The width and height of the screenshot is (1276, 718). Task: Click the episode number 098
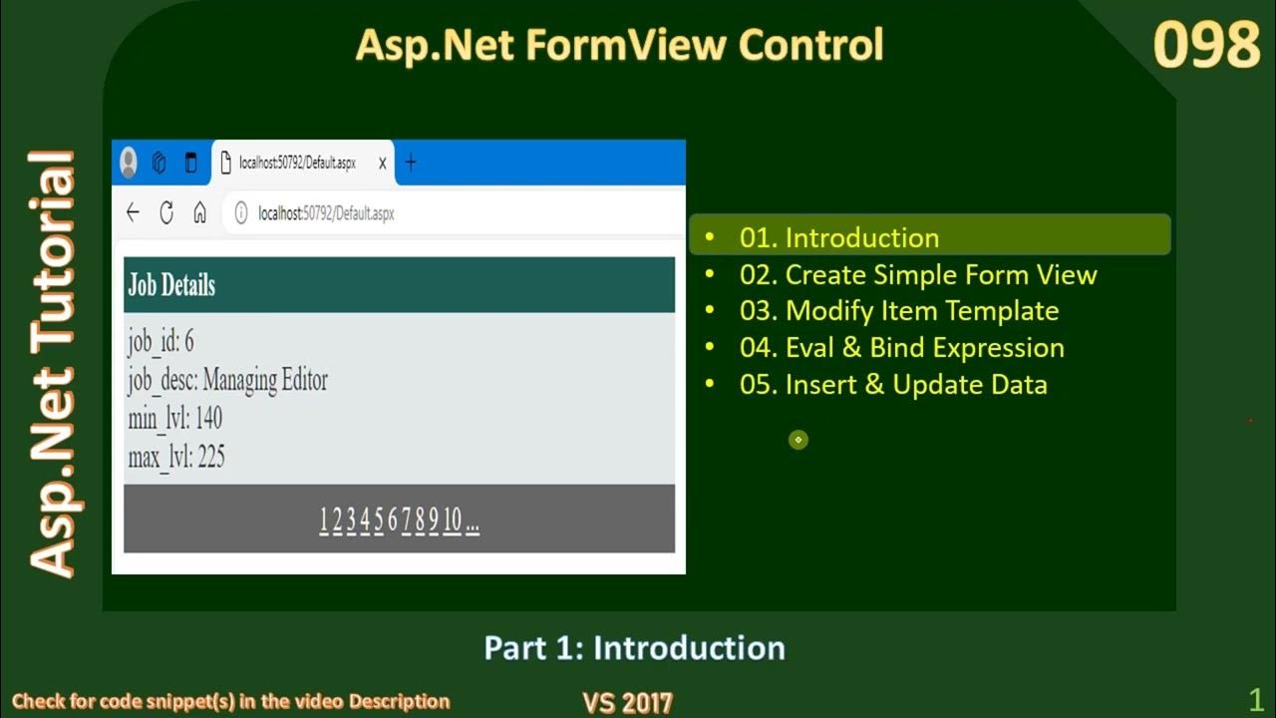click(x=1206, y=47)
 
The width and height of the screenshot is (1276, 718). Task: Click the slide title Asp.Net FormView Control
click(x=619, y=45)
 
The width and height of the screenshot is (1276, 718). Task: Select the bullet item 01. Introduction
click(x=838, y=237)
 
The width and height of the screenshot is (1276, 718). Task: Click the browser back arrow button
click(x=133, y=212)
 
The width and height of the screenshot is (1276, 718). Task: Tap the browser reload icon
click(x=166, y=212)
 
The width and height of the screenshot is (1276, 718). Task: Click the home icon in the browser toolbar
click(x=199, y=212)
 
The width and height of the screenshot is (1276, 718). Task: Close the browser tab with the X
click(x=382, y=164)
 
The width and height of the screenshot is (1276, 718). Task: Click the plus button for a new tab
click(x=411, y=163)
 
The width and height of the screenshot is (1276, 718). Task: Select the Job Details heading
click(x=171, y=285)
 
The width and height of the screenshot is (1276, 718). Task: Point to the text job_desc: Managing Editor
click(x=227, y=380)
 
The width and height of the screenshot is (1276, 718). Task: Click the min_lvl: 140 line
click(x=174, y=418)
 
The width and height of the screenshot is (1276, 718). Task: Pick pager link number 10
click(x=453, y=520)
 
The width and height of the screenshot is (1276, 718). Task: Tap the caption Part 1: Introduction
click(x=634, y=648)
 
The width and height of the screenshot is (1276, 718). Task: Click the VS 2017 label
click(x=627, y=702)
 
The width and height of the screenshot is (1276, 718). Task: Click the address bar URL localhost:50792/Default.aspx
click(x=326, y=213)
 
